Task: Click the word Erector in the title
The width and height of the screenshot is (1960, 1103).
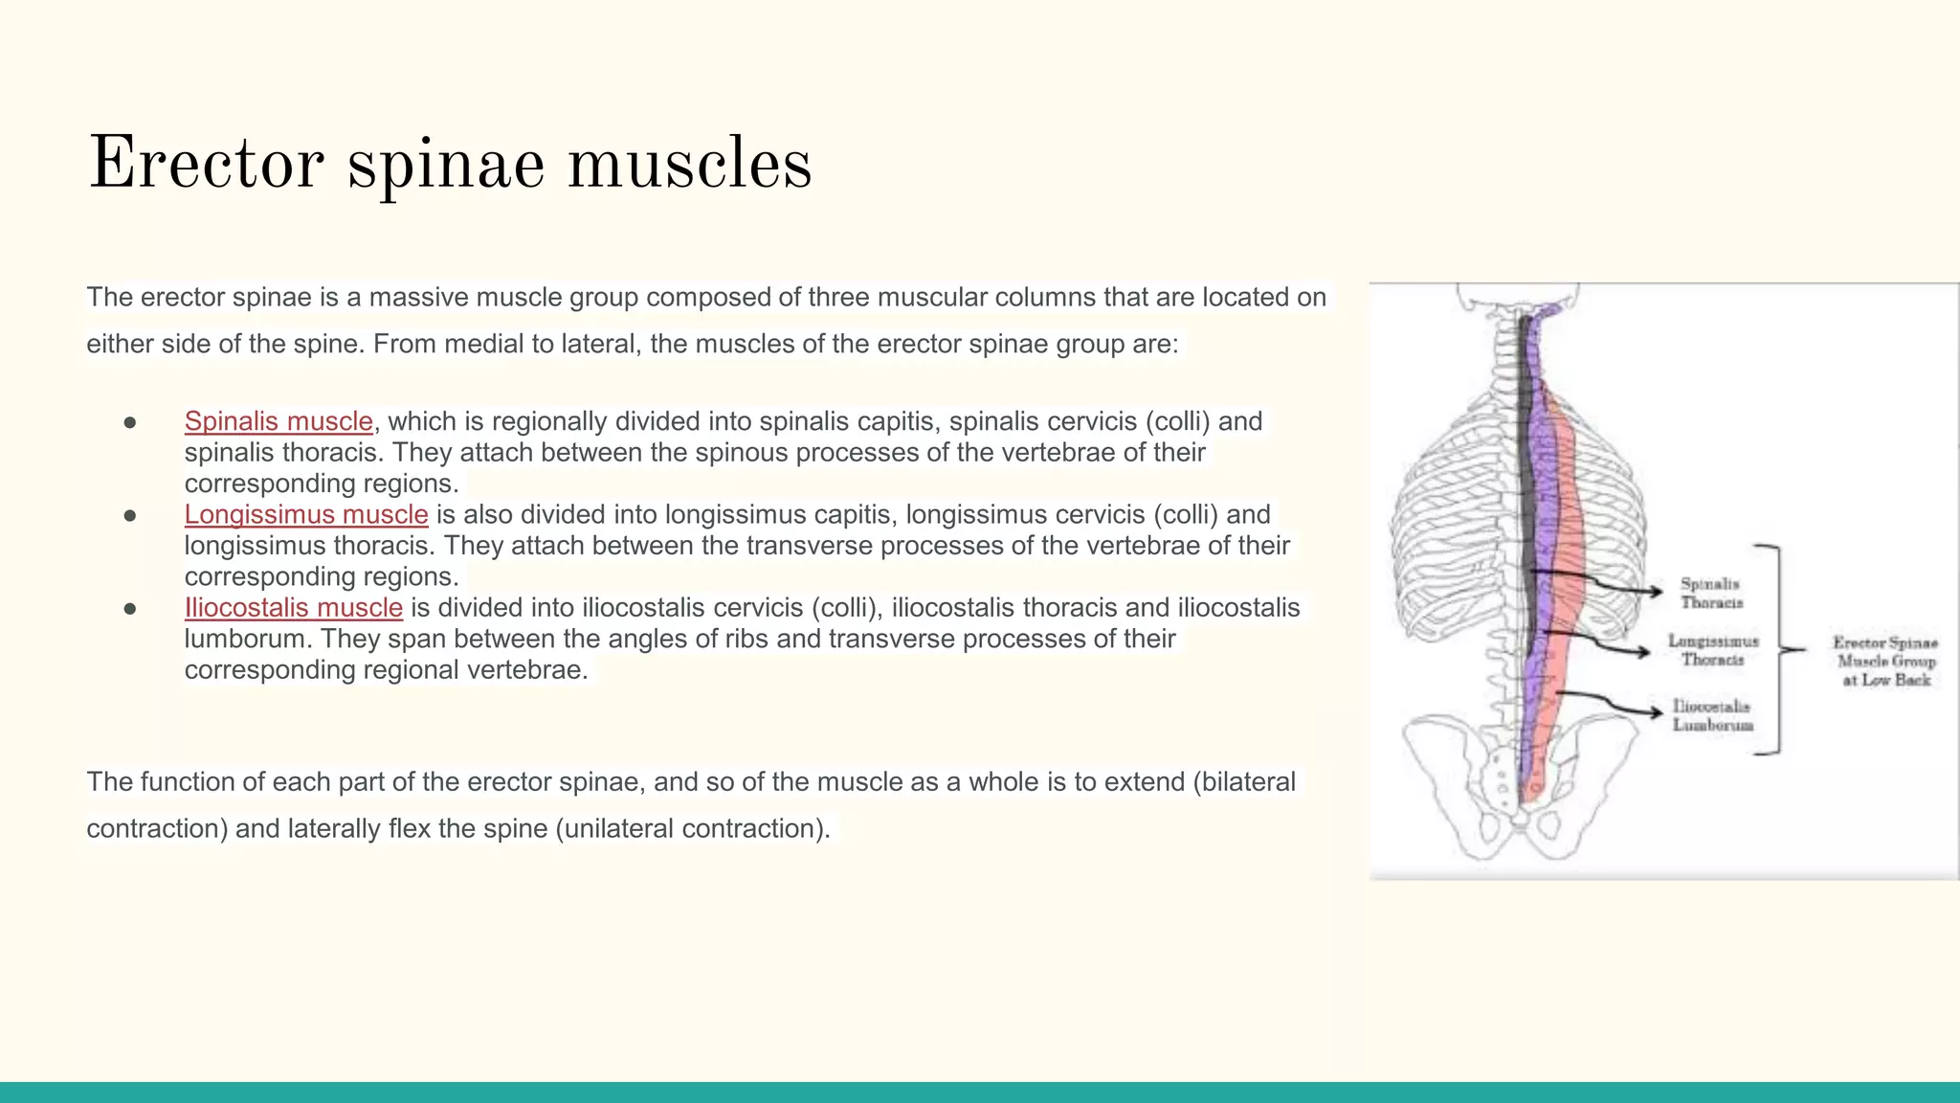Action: point(205,164)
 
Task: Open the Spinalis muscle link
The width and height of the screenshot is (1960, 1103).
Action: point(278,421)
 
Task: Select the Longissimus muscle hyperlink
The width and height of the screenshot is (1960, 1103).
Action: point(306,514)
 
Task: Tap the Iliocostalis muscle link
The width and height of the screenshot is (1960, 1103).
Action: point(294,608)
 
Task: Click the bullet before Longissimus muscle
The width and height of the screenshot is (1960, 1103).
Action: point(130,516)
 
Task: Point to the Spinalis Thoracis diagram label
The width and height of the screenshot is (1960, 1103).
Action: point(1711,593)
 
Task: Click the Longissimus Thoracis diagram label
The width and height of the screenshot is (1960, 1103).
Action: point(1713,650)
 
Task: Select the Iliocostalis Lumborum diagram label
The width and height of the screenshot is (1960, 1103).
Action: point(1712,715)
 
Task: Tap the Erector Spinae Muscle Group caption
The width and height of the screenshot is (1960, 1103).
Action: point(1885,661)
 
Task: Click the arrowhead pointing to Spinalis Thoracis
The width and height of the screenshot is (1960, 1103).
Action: point(1656,591)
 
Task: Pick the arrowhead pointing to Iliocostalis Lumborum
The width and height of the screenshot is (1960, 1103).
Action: point(1656,711)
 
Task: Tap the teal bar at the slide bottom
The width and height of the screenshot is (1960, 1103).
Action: point(980,1092)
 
